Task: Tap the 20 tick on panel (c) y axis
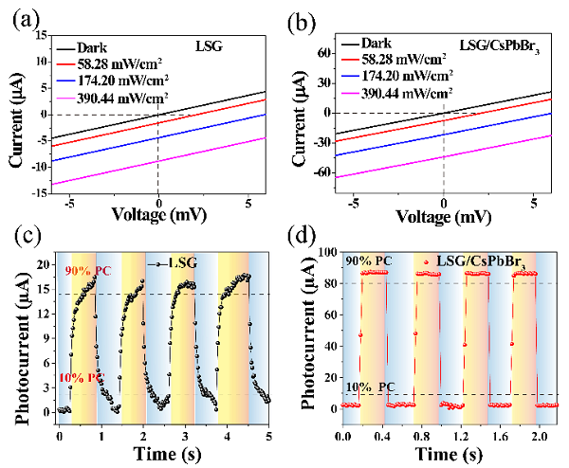[40, 262]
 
